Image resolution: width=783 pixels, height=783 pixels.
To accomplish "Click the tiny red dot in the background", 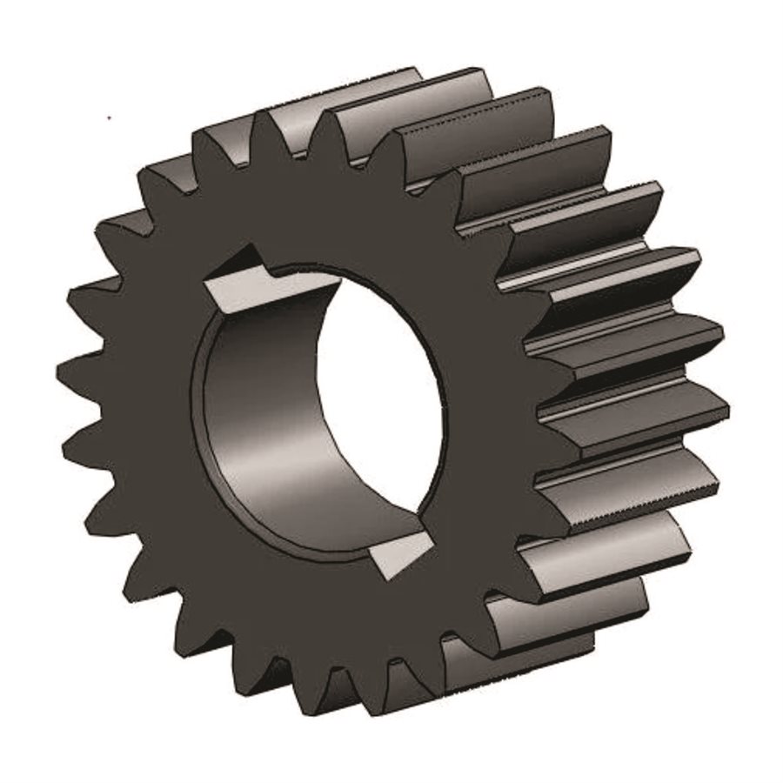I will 108,117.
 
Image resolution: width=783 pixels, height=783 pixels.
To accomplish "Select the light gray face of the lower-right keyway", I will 402,550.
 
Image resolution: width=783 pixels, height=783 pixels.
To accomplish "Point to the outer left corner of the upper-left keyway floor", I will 206,285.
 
